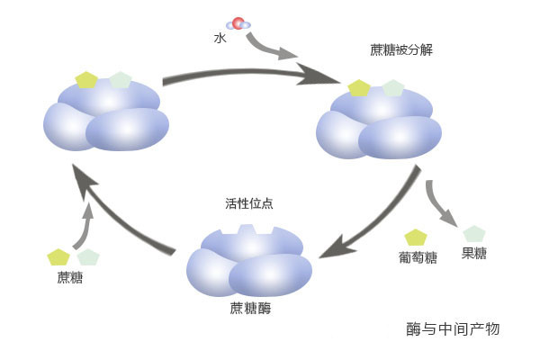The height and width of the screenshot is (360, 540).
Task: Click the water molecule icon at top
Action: (x=239, y=24)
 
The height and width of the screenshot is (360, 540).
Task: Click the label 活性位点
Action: (x=249, y=204)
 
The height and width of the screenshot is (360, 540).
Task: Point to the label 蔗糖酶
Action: (x=250, y=309)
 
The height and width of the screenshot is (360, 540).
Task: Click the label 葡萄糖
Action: (x=417, y=257)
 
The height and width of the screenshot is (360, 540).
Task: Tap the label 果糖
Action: (x=474, y=254)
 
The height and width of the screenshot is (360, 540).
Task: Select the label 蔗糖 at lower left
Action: (x=68, y=277)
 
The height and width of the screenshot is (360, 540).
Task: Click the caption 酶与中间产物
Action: (x=453, y=329)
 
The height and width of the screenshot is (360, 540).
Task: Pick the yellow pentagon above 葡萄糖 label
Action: (x=416, y=238)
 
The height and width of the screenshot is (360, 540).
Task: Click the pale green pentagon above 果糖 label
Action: (x=473, y=235)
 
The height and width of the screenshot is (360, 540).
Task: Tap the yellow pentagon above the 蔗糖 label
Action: (x=58, y=257)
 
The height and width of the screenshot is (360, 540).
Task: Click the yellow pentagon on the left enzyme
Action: (x=86, y=79)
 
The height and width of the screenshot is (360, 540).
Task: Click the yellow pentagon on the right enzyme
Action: (x=359, y=88)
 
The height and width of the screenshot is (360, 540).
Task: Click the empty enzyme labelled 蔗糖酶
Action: (x=248, y=263)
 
